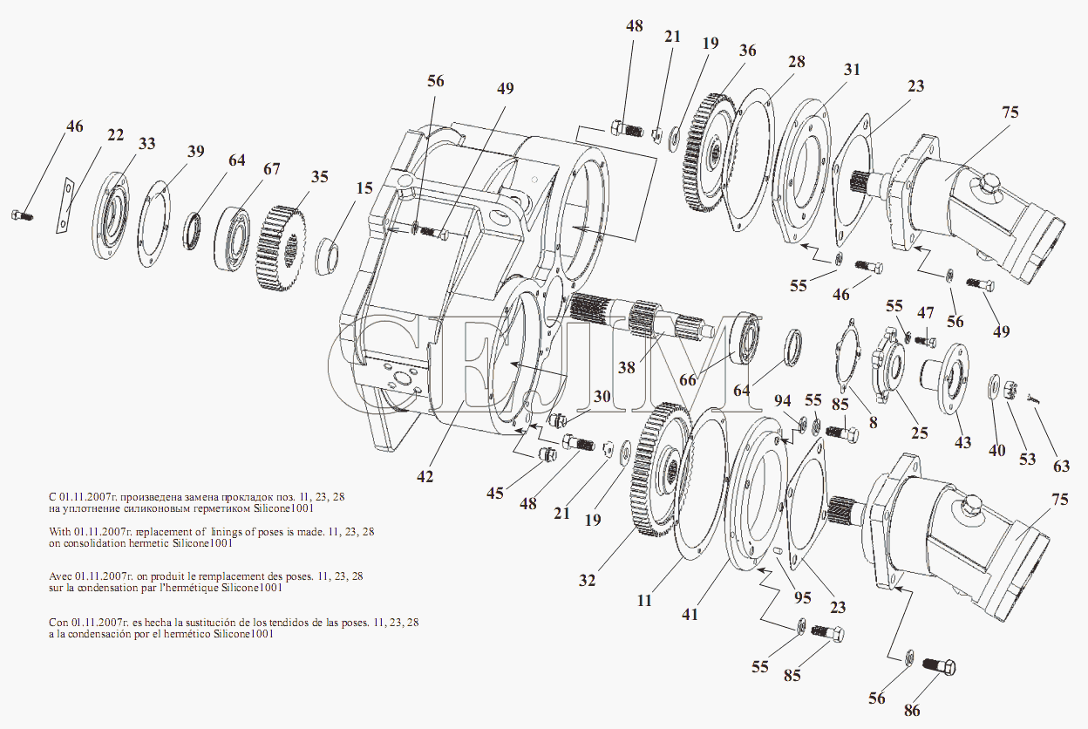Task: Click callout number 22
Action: [x=116, y=134]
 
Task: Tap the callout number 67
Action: [x=271, y=168]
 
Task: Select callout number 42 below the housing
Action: [x=425, y=476]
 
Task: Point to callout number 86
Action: [x=912, y=710]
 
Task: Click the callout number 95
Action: [x=802, y=597]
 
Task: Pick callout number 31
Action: [x=852, y=69]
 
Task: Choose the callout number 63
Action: [x=1061, y=466]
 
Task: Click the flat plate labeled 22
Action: [x=64, y=207]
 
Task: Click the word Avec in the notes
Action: [x=64, y=576]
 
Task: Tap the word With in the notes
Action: [x=63, y=531]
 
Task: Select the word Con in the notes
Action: [x=60, y=623]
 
